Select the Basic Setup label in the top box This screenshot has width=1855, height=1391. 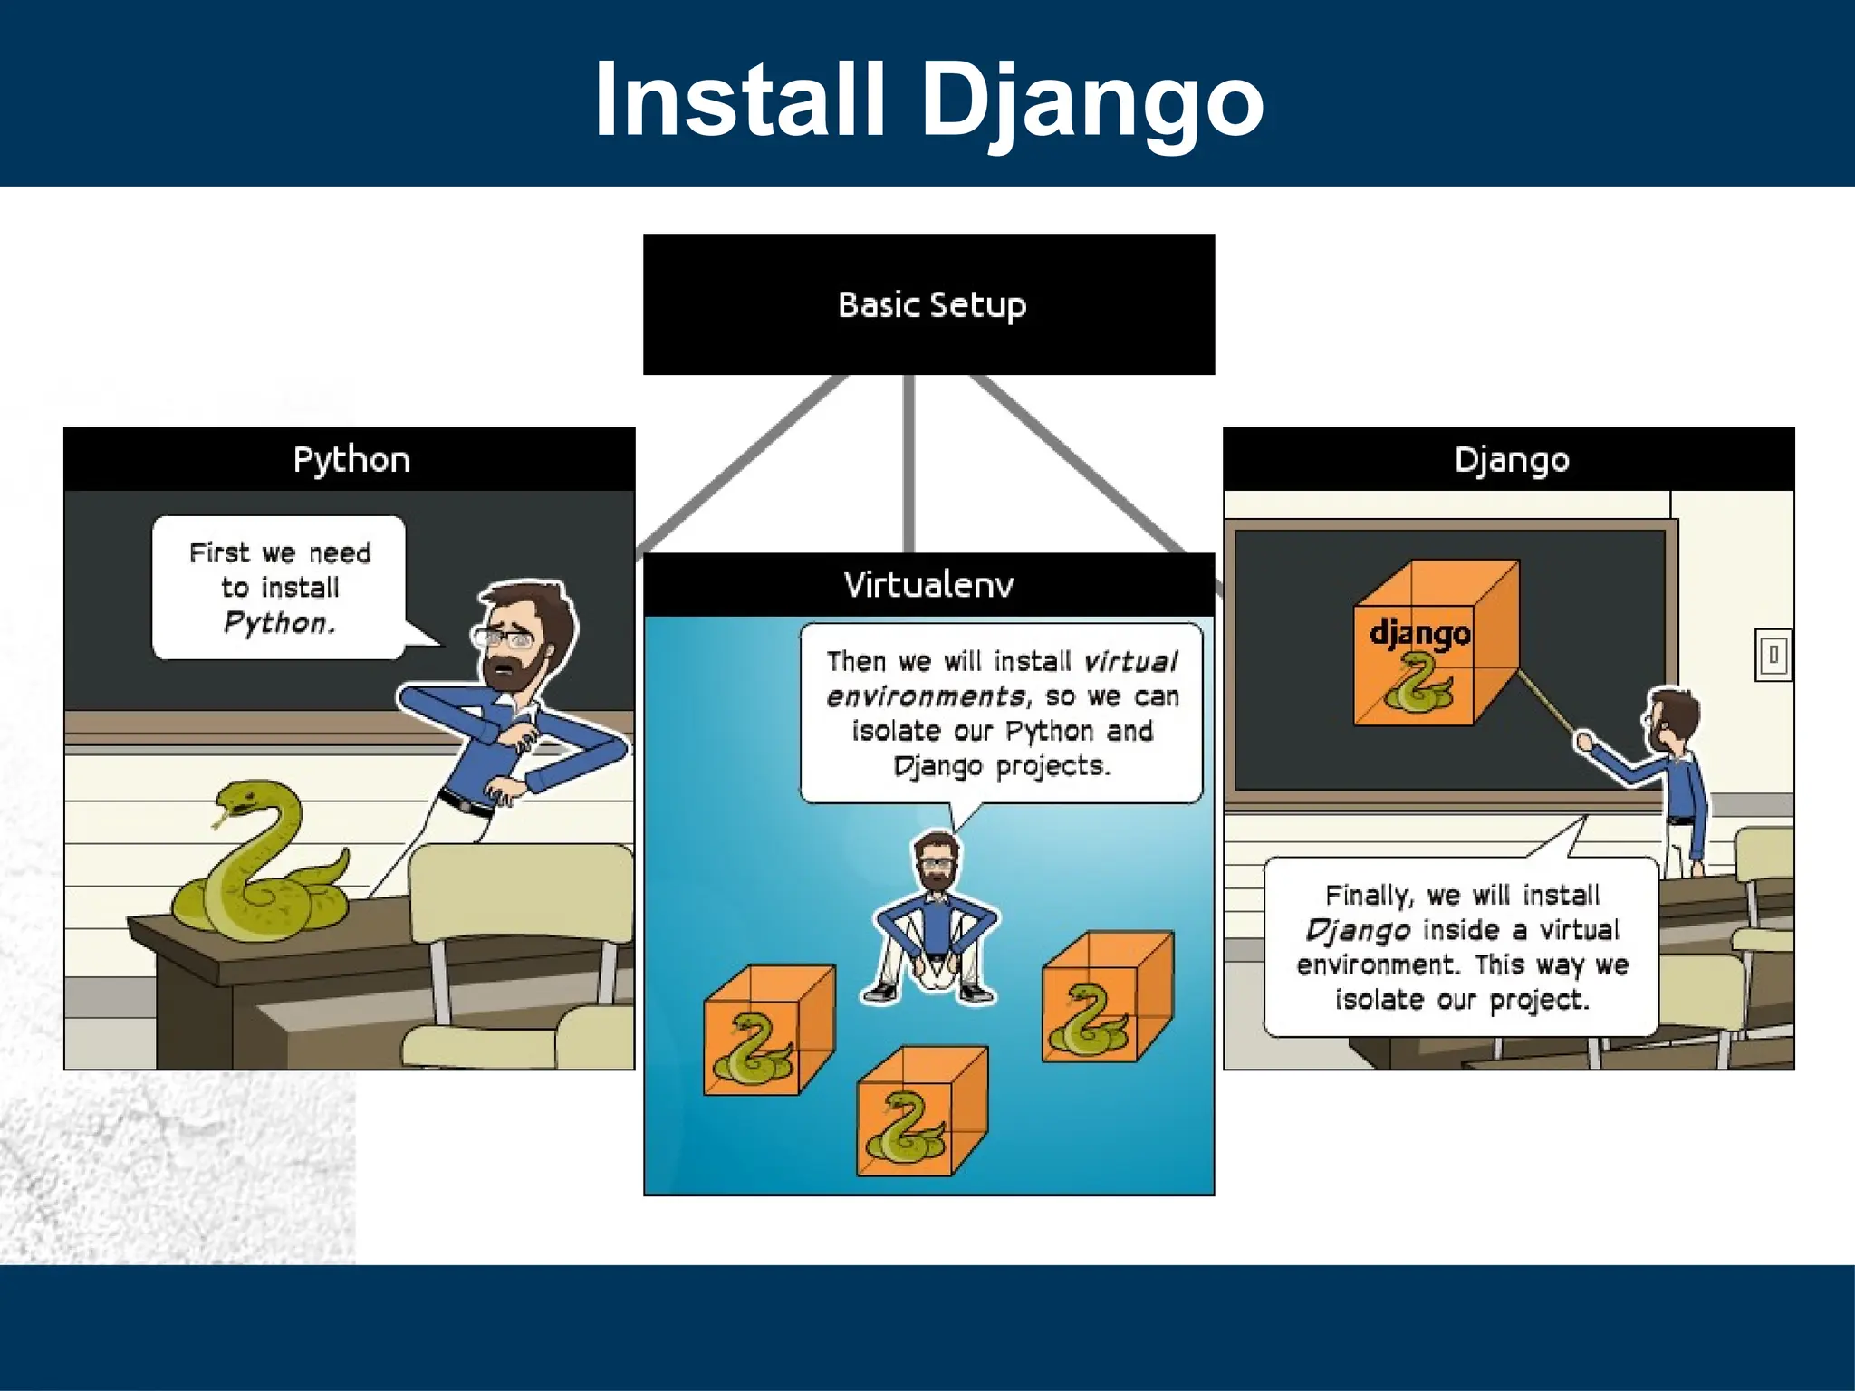(932, 305)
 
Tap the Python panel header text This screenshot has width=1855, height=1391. (351, 460)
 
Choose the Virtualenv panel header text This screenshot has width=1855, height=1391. (928, 585)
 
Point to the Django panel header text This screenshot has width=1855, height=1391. (1511, 460)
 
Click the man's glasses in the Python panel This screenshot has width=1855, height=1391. (503, 638)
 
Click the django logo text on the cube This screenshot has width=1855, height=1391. (1419, 632)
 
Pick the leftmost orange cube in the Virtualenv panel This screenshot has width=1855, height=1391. (768, 1032)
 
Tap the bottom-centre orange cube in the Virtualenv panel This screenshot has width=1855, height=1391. (921, 1114)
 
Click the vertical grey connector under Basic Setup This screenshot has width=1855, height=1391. (908, 462)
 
